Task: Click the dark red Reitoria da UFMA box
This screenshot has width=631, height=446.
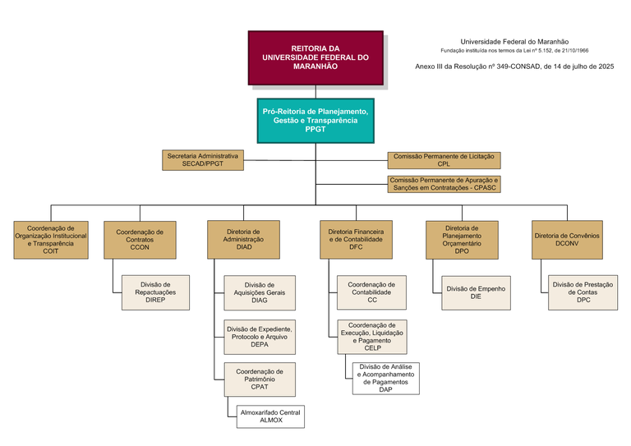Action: tap(315, 57)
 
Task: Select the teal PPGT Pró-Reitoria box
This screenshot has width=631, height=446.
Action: tap(315, 120)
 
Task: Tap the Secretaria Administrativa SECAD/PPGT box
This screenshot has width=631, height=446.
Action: tap(203, 160)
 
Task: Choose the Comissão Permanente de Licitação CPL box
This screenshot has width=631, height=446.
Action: tap(444, 160)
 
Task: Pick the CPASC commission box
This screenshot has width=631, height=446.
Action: tap(444, 183)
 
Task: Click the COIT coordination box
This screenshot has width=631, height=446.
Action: tap(50, 240)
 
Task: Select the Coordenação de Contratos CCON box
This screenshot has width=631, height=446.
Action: tap(140, 240)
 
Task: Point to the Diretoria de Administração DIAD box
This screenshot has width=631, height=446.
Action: tap(243, 240)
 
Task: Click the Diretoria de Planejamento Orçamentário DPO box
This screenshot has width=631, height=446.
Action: tap(462, 240)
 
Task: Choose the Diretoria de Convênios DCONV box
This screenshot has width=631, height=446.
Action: tap(567, 240)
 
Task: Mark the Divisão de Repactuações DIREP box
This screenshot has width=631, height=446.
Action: tap(155, 292)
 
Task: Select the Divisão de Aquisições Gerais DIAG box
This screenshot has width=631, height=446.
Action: tap(259, 292)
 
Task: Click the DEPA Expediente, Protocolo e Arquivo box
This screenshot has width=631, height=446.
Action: tap(259, 337)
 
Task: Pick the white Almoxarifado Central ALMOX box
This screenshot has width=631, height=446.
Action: tap(270, 416)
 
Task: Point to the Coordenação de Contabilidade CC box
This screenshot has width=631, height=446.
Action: tap(371, 292)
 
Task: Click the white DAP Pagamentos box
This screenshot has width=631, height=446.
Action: tap(385, 378)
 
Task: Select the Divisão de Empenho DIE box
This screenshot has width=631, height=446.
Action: tap(476, 292)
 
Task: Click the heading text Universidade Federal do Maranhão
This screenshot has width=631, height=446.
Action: tap(514, 41)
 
